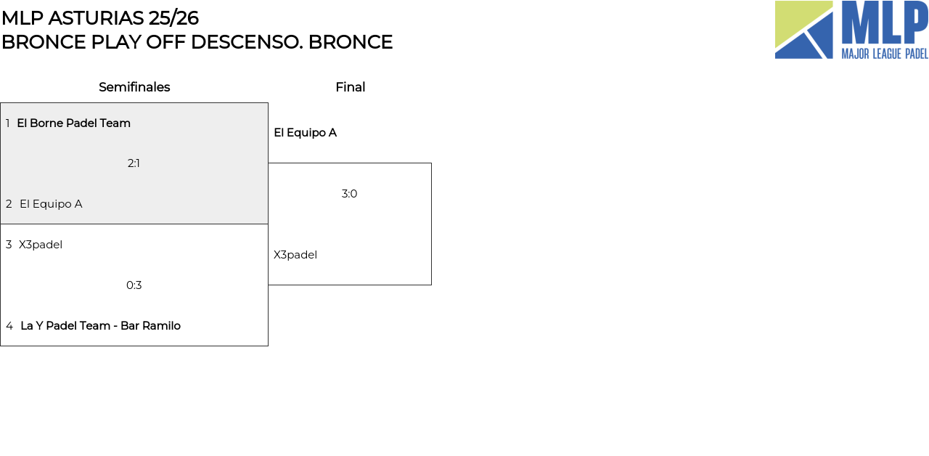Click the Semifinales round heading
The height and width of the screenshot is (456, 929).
click(x=134, y=87)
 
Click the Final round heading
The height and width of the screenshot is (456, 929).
click(x=350, y=87)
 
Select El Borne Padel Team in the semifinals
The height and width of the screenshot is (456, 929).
click(x=73, y=123)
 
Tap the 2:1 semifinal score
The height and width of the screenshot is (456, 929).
click(x=134, y=163)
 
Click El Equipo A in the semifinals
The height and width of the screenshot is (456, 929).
click(x=51, y=204)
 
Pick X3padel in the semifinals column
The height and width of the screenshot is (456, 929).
click(x=41, y=245)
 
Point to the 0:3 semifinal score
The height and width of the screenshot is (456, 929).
click(x=134, y=285)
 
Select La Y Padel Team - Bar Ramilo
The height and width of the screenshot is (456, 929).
click(x=100, y=326)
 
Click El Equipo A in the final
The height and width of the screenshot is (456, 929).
click(x=305, y=133)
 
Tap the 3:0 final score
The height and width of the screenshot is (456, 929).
click(x=349, y=194)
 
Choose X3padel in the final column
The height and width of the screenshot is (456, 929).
click(x=295, y=255)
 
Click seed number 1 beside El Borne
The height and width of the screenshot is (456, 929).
click(x=8, y=123)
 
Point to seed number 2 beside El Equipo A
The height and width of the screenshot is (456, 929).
click(x=9, y=204)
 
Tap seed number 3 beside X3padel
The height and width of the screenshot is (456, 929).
click(x=9, y=245)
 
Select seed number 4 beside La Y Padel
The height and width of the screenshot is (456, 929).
click(x=9, y=326)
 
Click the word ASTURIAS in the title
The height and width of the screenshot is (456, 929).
click(x=98, y=18)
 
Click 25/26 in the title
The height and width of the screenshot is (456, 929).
click(x=173, y=18)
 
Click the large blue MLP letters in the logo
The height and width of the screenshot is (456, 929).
click(x=884, y=23)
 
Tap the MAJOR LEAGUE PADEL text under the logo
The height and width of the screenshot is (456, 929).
click(x=884, y=54)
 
